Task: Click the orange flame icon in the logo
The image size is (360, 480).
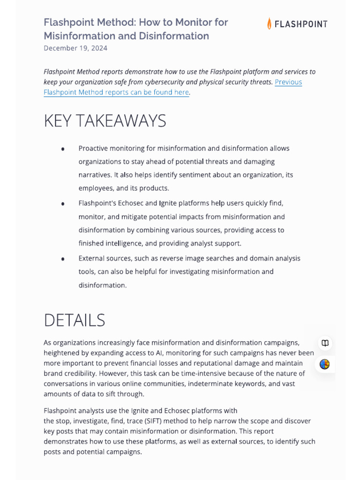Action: tap(269, 23)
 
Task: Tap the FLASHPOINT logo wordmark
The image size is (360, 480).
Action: tap(300, 24)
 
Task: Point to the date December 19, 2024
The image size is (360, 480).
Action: tap(75, 48)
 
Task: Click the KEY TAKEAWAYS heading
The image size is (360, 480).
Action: tap(105, 121)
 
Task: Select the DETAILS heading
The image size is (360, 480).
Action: tap(74, 320)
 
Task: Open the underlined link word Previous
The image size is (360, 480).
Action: tap(288, 82)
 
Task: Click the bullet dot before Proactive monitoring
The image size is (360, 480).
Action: tap(63, 149)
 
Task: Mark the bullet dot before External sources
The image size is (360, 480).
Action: tap(63, 259)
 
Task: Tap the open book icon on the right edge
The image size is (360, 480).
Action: tap(325, 343)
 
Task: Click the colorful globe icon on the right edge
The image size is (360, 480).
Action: tap(325, 364)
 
